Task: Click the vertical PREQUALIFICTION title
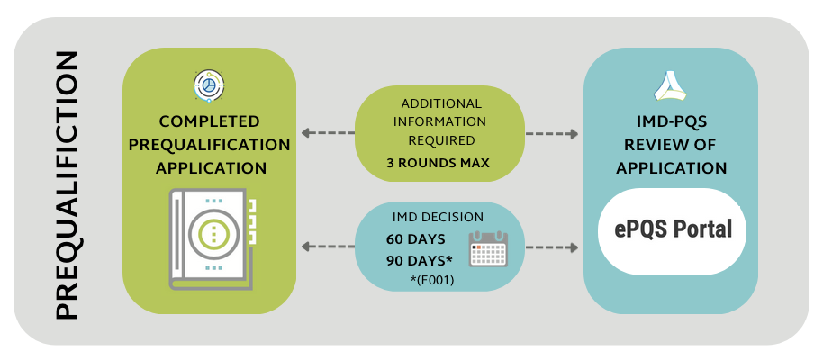point(67,185)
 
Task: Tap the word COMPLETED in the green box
point(210,121)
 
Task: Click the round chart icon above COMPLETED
point(209,85)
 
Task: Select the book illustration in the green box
point(213,238)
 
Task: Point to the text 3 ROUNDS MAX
point(438,163)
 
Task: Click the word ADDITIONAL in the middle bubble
point(441,103)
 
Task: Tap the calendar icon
point(488,248)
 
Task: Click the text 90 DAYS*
point(420,261)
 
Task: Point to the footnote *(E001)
point(432,281)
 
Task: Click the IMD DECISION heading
point(438,217)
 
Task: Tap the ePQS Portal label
point(673,230)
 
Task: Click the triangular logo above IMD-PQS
point(670,86)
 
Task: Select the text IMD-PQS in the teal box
point(672,121)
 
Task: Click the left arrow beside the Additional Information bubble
point(328,133)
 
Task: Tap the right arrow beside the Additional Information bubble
point(552,134)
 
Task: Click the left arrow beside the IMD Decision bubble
point(328,246)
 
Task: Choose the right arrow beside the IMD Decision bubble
point(552,247)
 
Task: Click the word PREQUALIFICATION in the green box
point(210,146)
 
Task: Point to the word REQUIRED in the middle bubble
point(441,140)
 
